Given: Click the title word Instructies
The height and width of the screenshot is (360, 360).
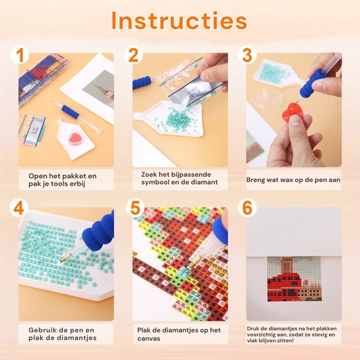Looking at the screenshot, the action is [179, 21].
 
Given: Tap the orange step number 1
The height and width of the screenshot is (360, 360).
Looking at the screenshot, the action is [20, 55].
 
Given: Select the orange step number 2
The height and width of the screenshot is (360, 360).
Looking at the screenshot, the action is [134, 55].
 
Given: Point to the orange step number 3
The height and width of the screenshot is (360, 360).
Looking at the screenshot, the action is [247, 55].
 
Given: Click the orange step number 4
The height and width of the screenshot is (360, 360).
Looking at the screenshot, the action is [19, 208].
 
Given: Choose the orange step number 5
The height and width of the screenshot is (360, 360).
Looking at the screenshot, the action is [135, 208].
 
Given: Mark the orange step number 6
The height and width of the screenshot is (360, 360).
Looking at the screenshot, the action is [247, 208].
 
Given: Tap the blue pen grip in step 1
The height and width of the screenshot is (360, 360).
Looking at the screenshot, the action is [70, 111].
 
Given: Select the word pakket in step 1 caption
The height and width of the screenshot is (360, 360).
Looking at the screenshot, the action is [75, 176].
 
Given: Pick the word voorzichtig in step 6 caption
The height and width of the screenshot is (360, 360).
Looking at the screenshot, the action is [264, 334].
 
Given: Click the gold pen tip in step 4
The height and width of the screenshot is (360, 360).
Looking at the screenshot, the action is [64, 258].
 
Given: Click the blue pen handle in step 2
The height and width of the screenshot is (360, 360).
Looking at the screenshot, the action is [142, 82].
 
